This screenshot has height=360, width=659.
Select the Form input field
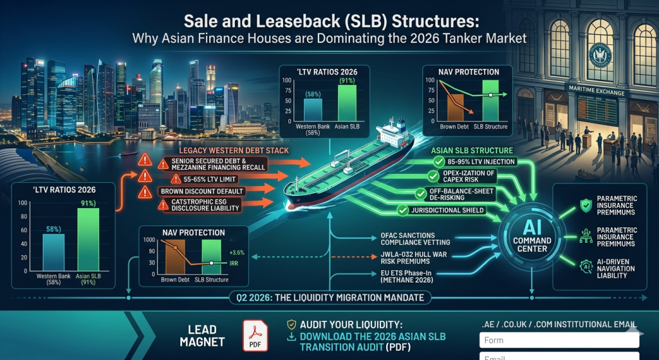point(559,341)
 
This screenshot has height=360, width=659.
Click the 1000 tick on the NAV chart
point(149,240)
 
